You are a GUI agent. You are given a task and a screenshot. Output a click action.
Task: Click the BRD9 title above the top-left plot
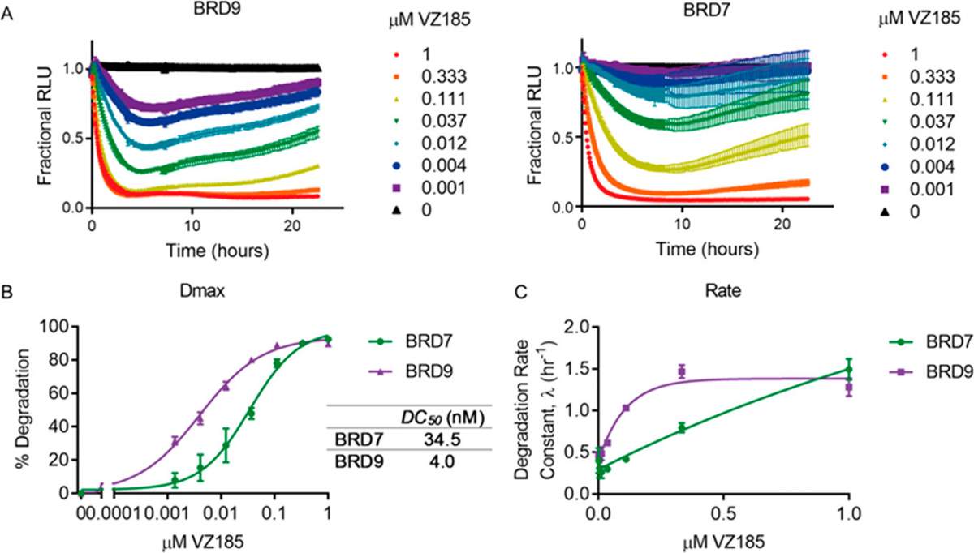tap(217, 10)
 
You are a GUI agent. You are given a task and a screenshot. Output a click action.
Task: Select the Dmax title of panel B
tap(202, 291)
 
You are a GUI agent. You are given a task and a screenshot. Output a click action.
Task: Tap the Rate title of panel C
tap(722, 291)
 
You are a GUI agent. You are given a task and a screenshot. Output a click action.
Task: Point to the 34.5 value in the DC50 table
tap(442, 439)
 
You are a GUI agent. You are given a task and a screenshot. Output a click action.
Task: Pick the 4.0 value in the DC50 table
tap(442, 461)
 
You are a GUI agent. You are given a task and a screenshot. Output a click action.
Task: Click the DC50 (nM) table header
tap(442, 418)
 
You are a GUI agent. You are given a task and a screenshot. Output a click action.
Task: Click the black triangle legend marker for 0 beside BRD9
tap(396, 211)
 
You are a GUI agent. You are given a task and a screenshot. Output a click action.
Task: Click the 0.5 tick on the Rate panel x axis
tap(723, 514)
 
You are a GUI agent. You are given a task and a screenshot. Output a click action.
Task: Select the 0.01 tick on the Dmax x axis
tap(221, 514)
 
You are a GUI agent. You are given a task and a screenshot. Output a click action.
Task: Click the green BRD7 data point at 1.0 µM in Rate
tap(849, 369)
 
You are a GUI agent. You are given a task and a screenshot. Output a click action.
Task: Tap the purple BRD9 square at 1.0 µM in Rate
tap(849, 387)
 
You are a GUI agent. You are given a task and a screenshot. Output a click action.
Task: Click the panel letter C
tap(520, 292)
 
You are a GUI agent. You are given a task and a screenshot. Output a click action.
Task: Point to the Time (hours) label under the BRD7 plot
tap(707, 250)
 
